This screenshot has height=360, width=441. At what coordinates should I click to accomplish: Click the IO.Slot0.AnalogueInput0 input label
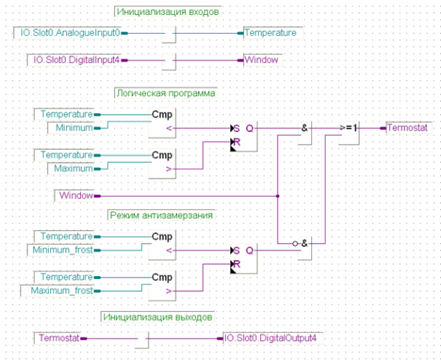point(70,33)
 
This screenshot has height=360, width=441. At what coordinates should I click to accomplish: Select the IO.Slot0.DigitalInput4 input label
point(76,60)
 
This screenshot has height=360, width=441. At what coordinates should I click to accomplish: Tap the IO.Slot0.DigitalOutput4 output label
point(271,338)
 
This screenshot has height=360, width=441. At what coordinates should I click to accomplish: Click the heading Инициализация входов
point(167,12)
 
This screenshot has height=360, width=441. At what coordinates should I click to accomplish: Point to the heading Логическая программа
point(165,94)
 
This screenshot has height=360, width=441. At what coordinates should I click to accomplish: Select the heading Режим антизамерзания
point(162,215)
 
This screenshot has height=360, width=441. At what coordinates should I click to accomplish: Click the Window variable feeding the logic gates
point(76,195)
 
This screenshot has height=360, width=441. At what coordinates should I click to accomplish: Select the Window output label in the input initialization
point(262,60)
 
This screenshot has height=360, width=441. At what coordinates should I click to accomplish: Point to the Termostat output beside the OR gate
point(408,128)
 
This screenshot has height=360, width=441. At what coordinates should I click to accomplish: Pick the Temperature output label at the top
point(271,33)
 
